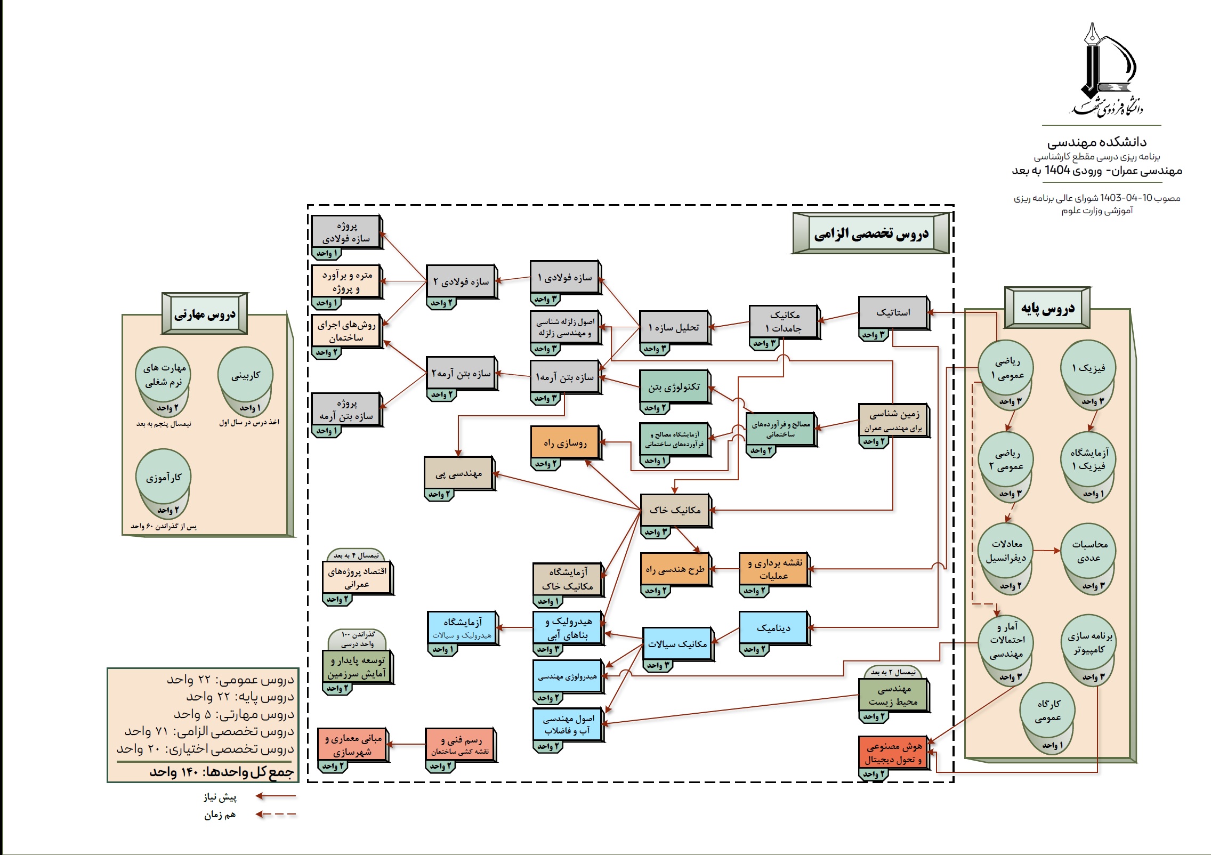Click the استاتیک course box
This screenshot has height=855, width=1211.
pos(893,312)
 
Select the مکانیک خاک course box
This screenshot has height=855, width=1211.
pos(675,510)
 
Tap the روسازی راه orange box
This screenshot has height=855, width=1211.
pos(565,442)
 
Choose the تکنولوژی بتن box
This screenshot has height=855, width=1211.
pos(674,386)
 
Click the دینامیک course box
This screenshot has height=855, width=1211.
pos(773,628)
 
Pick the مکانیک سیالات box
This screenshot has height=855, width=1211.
pos(677,644)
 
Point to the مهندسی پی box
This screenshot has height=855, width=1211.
pos(458,473)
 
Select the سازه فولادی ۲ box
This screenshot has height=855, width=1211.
pos(461,281)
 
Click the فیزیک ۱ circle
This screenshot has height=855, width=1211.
pos(1088,368)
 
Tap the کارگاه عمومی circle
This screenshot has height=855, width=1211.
pos(1047,710)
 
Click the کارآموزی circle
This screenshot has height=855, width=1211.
pos(164,477)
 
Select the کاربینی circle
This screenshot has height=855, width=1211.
pos(245,375)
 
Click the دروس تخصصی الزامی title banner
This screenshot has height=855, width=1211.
pos(871,233)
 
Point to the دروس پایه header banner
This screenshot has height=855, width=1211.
pos(1047,308)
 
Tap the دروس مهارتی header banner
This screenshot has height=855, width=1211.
pos(205,314)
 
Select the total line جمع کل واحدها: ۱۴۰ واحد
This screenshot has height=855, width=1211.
pos(221,772)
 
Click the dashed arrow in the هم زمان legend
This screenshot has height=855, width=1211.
pos(276,814)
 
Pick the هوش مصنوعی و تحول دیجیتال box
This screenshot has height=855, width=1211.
pos(893,753)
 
